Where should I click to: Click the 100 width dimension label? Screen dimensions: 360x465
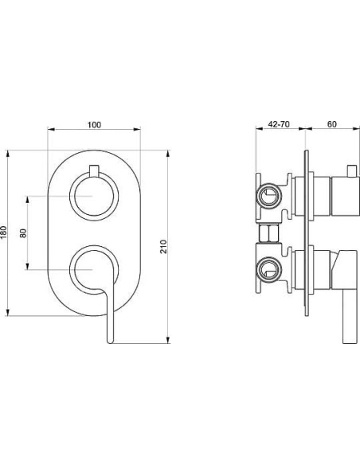[94, 125]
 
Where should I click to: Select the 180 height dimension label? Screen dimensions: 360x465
[3, 232]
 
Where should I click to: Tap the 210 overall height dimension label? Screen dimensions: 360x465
[163, 247]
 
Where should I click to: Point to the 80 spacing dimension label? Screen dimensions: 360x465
[23, 233]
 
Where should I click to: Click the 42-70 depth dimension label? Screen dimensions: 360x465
[279, 124]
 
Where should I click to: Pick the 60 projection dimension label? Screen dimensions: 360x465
[332, 124]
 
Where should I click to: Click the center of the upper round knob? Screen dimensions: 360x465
[94, 196]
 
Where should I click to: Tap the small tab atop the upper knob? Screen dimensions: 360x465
[94, 172]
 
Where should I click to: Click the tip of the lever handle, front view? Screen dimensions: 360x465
[111, 342]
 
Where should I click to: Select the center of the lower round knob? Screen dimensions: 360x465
[94, 270]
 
